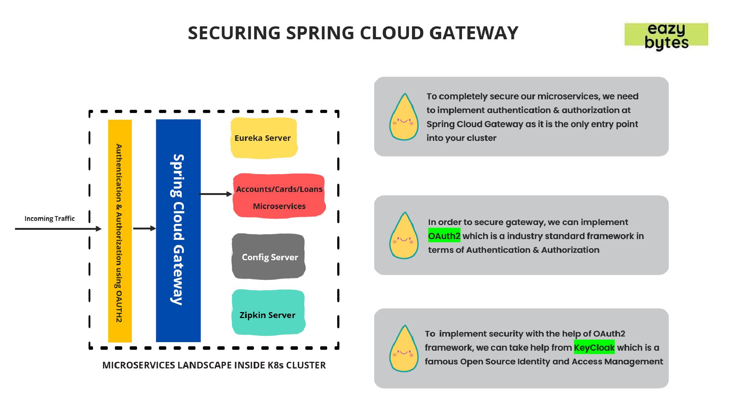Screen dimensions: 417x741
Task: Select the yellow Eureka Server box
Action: [264, 138]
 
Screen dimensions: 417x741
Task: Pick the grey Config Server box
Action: [269, 257]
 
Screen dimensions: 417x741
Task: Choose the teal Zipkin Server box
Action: [268, 313]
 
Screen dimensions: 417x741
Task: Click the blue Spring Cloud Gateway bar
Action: [178, 230]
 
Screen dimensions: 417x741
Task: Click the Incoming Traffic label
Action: [50, 219]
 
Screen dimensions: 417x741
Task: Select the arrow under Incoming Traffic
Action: [57, 229]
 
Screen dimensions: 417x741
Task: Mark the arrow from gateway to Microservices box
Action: [215, 194]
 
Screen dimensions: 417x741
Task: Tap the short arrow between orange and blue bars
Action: [144, 229]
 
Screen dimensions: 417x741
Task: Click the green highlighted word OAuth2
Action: [444, 236]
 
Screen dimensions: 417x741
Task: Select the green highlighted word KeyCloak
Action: [594, 347]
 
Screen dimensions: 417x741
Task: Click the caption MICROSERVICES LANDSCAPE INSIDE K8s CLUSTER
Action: [214, 365]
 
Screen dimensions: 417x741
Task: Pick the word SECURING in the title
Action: [234, 33]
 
